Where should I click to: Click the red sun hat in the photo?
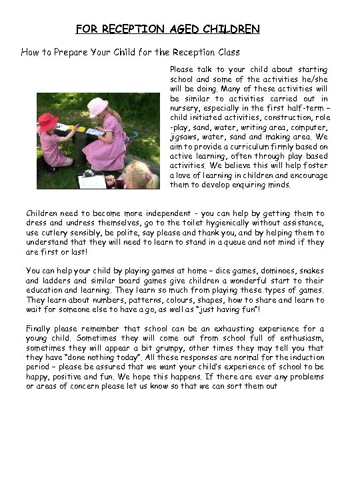[x=48, y=122]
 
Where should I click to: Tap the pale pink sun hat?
[x=98, y=106]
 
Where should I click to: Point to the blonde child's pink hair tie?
[x=149, y=175]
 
